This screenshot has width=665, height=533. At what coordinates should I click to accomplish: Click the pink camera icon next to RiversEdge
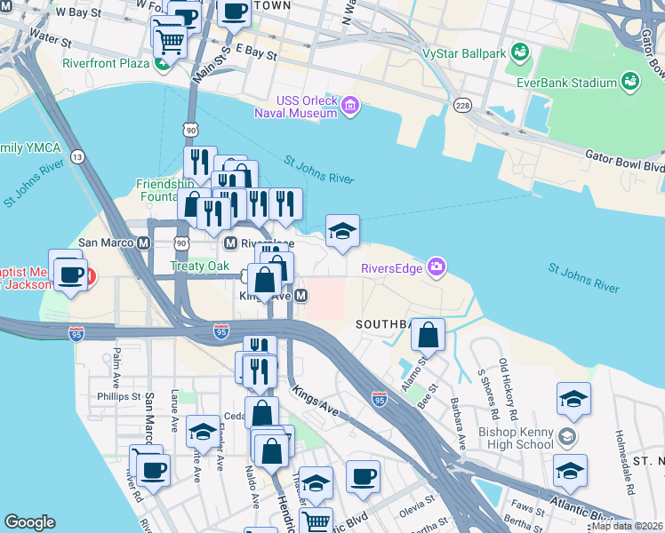(436, 266)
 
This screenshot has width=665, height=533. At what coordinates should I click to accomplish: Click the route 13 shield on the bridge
(78, 157)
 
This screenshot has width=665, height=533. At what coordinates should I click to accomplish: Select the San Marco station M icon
(142, 243)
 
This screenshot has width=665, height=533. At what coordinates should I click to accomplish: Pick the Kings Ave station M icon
(301, 295)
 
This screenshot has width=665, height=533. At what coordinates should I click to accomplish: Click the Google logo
(29, 522)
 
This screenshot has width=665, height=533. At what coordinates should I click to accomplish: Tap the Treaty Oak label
(200, 266)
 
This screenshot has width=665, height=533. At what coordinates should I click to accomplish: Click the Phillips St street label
(119, 396)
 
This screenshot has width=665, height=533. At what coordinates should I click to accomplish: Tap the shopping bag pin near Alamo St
(429, 336)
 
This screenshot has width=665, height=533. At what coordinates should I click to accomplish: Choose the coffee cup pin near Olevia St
(363, 477)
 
